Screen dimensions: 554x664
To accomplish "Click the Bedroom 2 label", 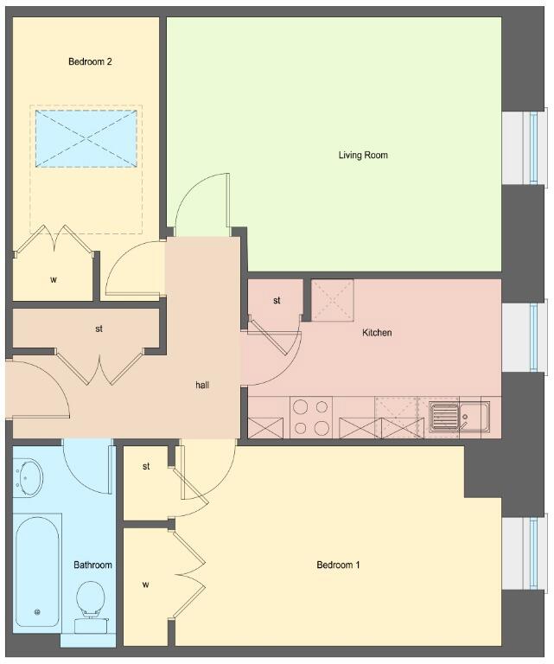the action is (90, 62).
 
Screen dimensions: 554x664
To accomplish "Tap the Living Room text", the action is (363, 155).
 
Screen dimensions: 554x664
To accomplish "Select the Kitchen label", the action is (377, 333).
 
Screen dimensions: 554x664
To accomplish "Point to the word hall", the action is (202, 385).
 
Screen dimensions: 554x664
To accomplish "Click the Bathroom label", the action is (92, 565).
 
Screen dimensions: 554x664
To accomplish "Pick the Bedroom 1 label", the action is (338, 565).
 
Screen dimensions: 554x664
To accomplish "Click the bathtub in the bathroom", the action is (37, 571).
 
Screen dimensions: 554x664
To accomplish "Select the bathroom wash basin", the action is (29, 477).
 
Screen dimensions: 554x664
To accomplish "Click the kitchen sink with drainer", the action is (460, 417).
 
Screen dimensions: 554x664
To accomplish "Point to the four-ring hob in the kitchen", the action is (311, 418).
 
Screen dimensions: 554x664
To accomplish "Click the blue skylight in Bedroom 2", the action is (86, 139).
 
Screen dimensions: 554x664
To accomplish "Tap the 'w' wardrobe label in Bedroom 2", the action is (54, 280).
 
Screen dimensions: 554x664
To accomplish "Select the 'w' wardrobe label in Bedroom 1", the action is (145, 584).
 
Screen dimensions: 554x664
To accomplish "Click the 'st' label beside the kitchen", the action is (277, 301).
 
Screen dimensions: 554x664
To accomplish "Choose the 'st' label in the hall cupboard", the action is (99, 329).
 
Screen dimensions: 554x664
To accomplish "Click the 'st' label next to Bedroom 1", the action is (146, 466).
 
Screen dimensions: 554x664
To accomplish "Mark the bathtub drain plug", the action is (37, 612).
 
